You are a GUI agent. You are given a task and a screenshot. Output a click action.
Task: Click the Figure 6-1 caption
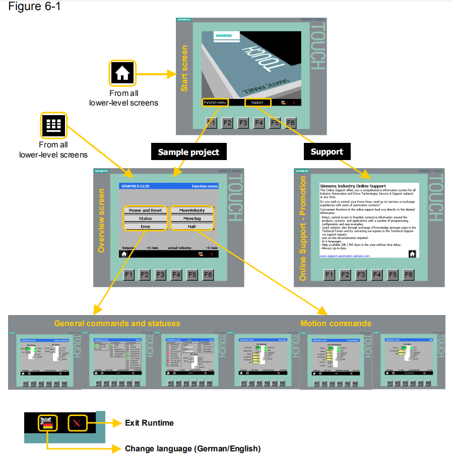tap(34, 8)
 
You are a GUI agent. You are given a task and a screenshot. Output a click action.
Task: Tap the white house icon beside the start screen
tap(122, 73)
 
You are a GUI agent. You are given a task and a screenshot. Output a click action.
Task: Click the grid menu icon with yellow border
tap(53, 126)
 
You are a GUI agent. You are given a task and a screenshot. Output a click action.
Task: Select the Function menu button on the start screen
tap(215, 102)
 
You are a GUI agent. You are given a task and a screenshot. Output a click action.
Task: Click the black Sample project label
tap(188, 151)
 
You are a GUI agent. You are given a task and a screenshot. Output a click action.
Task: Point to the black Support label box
tap(327, 151)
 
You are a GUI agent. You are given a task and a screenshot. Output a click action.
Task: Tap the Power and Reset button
tap(145, 210)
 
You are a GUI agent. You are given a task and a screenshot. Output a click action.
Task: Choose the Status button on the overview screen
tap(145, 219)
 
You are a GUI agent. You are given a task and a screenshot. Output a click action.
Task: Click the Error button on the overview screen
tap(145, 227)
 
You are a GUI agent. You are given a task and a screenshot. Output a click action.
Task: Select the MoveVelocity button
tap(192, 210)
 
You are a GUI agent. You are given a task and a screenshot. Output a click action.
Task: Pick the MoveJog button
tap(192, 219)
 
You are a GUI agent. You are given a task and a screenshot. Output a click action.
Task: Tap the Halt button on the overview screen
tap(192, 227)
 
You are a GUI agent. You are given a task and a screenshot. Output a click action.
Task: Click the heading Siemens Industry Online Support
tap(353, 186)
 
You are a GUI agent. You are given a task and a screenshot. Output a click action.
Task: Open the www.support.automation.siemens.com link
tap(345, 256)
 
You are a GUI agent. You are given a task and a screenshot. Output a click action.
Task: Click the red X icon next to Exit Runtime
tap(77, 423)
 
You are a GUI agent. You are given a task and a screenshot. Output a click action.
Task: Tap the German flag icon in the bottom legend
tap(47, 423)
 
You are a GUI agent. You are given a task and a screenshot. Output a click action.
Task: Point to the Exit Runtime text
tap(149, 423)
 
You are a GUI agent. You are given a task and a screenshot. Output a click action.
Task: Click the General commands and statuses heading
tap(117, 323)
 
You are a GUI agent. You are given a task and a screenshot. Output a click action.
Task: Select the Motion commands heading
tap(336, 324)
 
